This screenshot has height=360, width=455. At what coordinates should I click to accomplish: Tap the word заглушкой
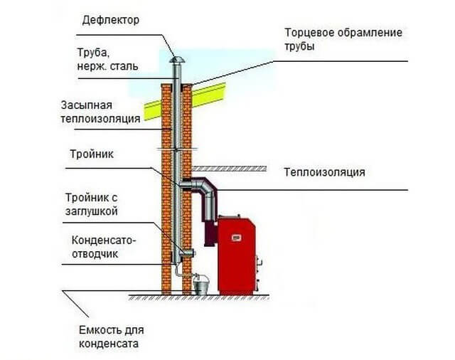(92, 211)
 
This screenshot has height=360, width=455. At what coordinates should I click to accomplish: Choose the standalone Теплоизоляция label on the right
(324, 172)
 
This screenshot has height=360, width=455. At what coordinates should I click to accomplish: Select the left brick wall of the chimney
(166, 192)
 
